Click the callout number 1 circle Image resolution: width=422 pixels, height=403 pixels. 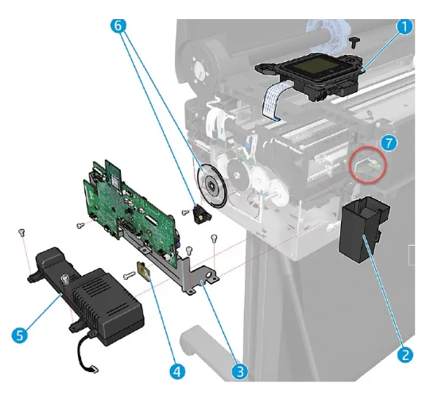tap(404, 27)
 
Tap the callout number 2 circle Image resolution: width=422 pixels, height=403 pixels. tap(404, 354)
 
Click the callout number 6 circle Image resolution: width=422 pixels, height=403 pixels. tap(118, 25)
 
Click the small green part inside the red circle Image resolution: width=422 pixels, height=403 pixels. tap(367, 164)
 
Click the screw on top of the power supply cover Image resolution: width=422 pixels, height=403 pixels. tap(64, 279)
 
